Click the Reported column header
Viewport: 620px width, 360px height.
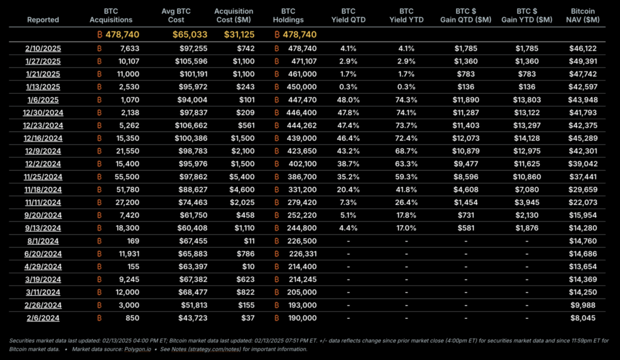[x=43, y=19]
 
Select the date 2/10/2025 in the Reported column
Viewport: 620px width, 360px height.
[x=43, y=48]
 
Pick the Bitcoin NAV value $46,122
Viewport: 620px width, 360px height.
[x=584, y=48]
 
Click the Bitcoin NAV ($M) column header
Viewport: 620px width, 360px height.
[x=584, y=16]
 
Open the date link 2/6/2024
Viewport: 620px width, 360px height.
[x=43, y=318]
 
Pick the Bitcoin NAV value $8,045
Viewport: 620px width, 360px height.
[x=587, y=318]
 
